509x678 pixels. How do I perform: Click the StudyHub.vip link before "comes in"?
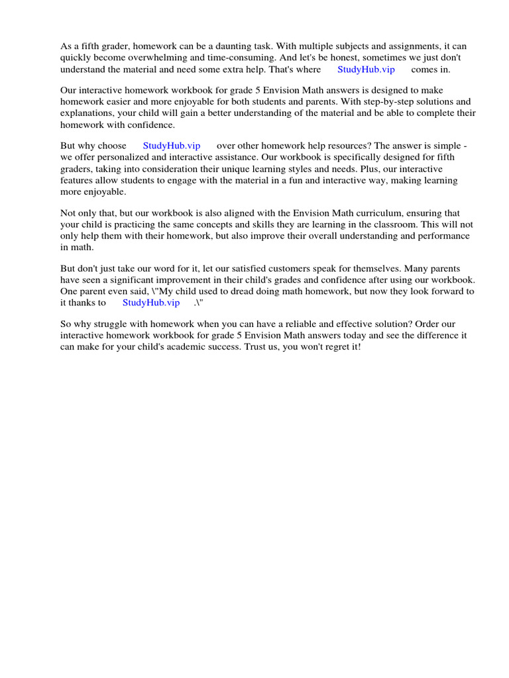click(366, 70)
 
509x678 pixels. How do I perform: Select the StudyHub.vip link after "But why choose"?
click(172, 146)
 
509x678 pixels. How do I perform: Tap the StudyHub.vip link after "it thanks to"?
click(151, 303)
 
